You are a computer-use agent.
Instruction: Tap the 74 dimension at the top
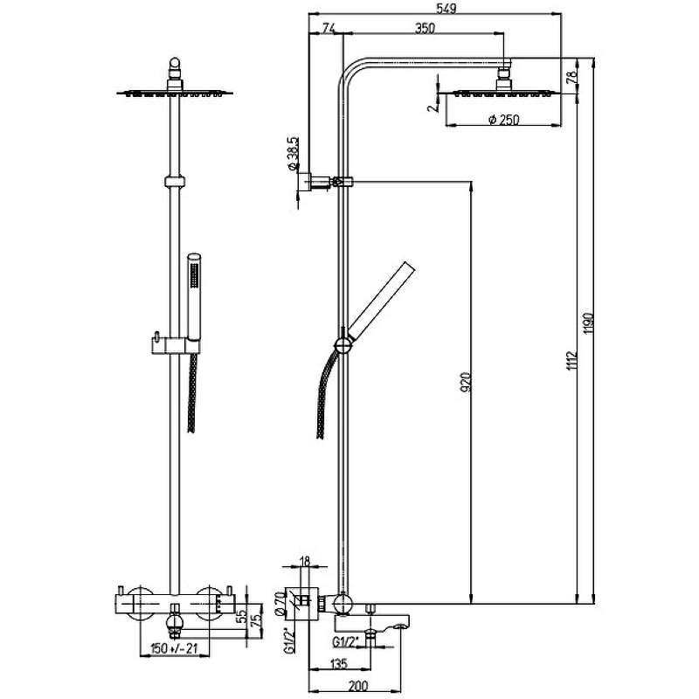coord(329,29)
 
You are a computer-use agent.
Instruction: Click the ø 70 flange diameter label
coord(280,602)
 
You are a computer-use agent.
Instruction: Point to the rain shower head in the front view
coord(176,91)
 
